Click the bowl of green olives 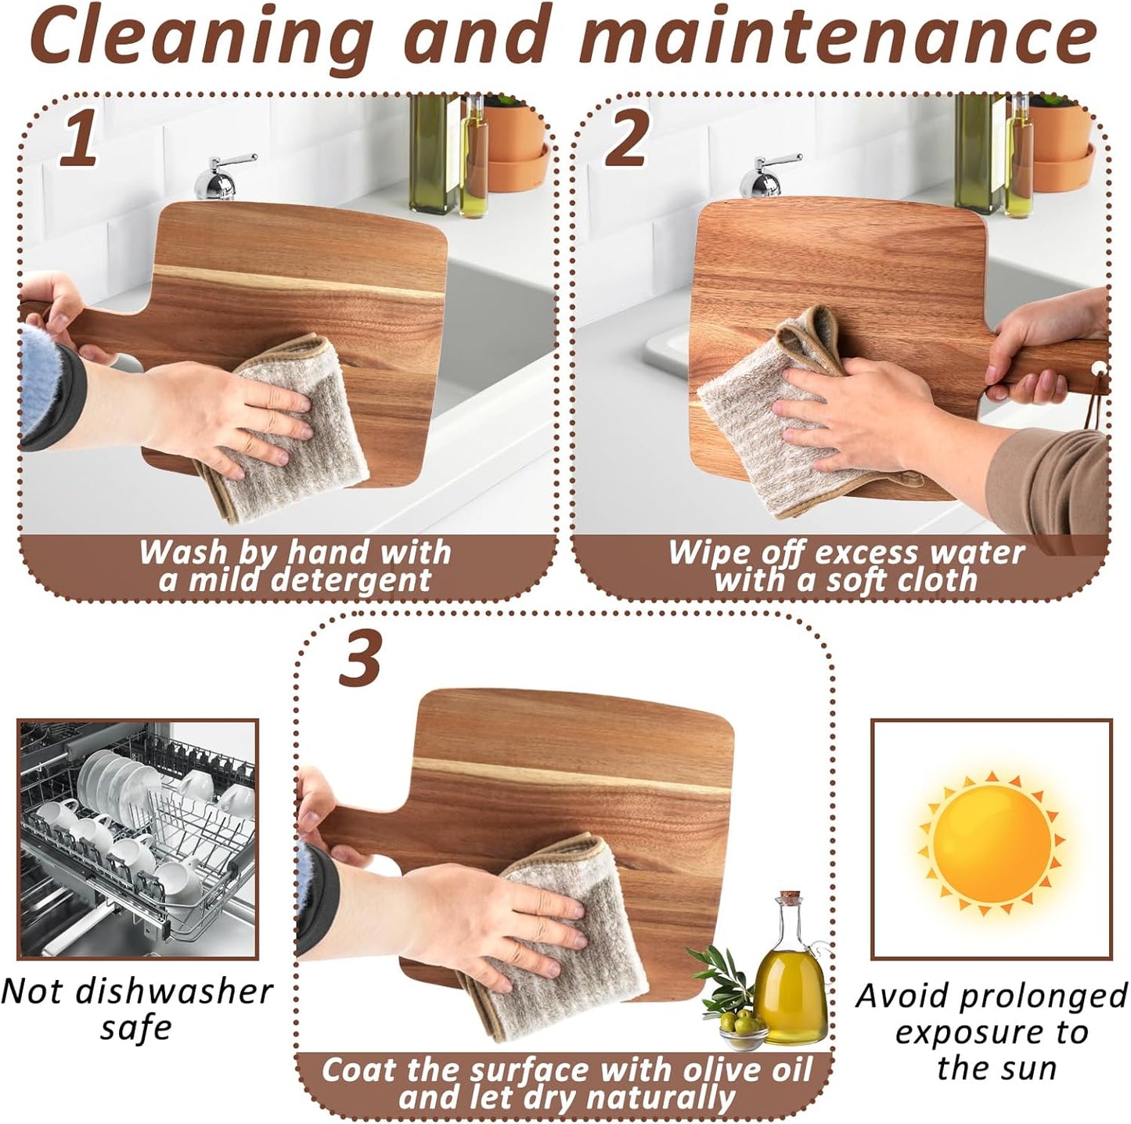click(743, 1025)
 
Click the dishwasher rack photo click(138, 838)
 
